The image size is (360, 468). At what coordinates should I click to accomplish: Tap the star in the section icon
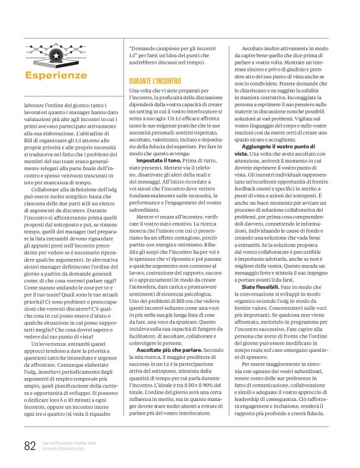click(x=56, y=56)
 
